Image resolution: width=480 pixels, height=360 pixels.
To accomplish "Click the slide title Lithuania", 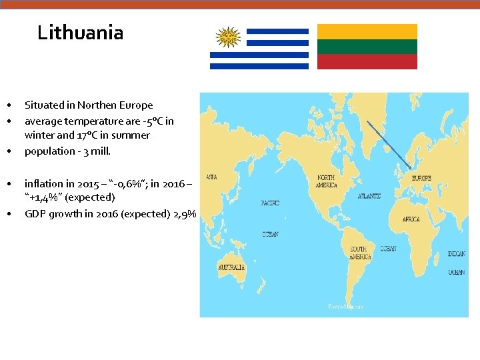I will tap(80, 32).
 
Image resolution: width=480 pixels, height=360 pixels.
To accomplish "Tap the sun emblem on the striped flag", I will tap(228, 37).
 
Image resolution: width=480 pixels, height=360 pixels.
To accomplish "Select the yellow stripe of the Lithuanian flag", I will tap(367, 31).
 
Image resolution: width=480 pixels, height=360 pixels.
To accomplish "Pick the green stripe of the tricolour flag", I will tap(367, 47).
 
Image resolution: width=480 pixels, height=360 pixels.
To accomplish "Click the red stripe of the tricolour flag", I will tap(367, 62).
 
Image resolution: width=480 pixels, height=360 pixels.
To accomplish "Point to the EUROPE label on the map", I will tap(421, 178).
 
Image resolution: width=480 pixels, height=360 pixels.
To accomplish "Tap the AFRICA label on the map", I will tap(411, 219).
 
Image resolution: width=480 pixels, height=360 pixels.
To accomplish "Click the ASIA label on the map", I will tap(211, 177).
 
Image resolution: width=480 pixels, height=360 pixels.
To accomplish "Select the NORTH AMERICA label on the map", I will tap(326, 181).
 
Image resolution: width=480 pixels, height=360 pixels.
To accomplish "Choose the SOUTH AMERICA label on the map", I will tap(361, 253).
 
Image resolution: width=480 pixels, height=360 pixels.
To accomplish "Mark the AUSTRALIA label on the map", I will tap(231, 267).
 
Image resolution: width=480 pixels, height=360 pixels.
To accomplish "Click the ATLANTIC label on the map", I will tap(369, 196).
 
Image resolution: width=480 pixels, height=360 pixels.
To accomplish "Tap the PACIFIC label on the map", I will tap(270, 203).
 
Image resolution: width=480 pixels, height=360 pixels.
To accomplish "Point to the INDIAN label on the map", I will tap(457, 253).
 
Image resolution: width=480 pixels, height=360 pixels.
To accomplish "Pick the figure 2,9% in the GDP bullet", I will tap(185, 214).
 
